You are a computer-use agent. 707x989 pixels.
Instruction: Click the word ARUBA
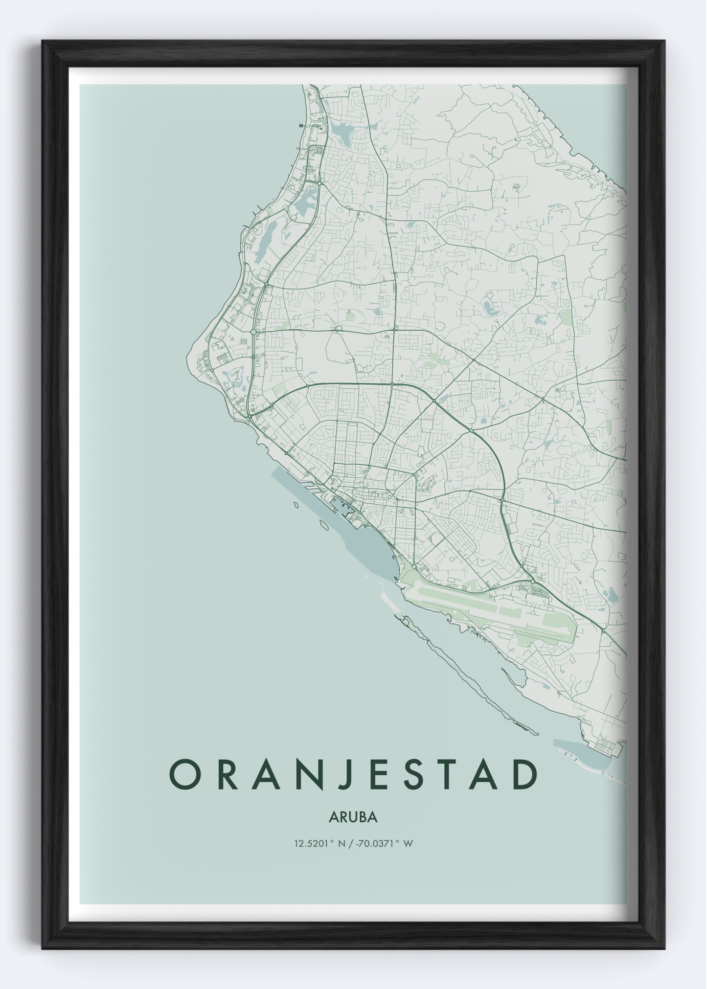(353, 817)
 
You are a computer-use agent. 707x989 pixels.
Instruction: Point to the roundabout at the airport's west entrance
(414, 566)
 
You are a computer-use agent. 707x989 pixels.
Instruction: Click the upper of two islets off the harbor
(296, 504)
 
